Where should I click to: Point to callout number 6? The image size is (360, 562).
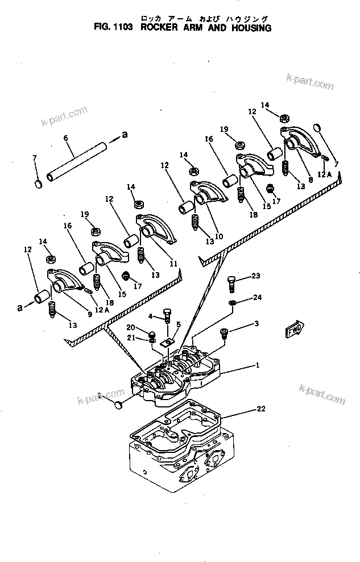[65, 138]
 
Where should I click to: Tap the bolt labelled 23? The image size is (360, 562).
[233, 282]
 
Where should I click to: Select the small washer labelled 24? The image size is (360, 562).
[233, 302]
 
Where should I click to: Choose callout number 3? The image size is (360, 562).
[256, 324]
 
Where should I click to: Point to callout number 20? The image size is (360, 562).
[130, 327]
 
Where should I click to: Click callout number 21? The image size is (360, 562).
[130, 338]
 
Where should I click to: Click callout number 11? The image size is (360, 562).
[173, 264]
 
